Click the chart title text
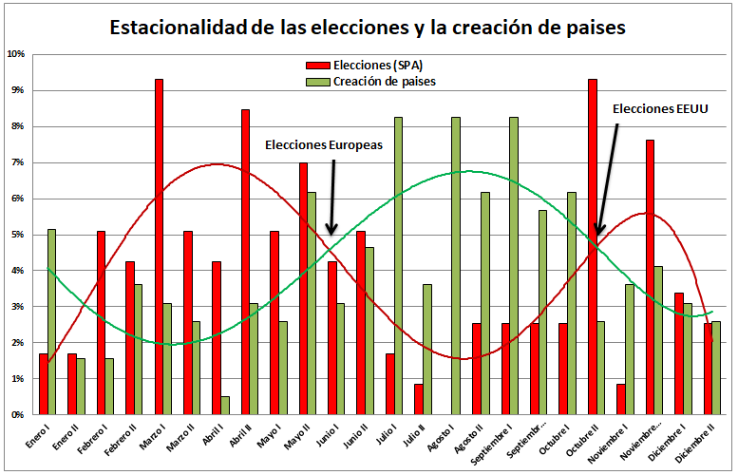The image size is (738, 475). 368,27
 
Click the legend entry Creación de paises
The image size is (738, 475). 384,81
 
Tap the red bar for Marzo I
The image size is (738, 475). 159,247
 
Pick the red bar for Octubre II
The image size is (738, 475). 592,247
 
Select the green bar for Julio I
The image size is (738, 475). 398,266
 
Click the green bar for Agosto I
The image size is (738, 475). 456,266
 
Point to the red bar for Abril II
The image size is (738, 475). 245,262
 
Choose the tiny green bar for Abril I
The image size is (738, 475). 225,406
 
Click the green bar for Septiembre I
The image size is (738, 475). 514,266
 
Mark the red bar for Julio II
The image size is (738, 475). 419,399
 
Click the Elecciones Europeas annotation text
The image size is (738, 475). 323,145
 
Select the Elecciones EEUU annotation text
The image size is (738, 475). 659,108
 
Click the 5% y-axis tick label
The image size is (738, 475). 17,235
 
